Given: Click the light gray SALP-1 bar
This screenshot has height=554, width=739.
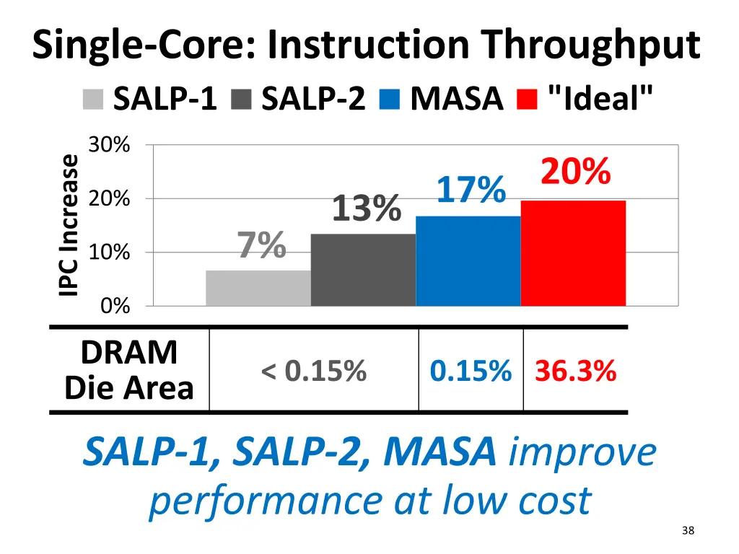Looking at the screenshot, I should [x=258, y=288].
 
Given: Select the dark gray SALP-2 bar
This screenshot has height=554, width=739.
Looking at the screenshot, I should [x=363, y=270].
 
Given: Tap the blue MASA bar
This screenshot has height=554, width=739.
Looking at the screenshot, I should [x=468, y=260].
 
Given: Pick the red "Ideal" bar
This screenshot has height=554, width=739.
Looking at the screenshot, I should [x=573, y=253].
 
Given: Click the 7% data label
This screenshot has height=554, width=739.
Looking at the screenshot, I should [x=262, y=245].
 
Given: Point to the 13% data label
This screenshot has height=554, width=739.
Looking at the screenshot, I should [x=366, y=209].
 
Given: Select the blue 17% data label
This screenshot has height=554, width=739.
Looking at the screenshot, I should [x=471, y=190].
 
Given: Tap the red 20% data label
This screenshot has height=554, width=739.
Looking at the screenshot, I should [x=576, y=172].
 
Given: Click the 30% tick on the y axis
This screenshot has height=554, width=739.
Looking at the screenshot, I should [x=109, y=145].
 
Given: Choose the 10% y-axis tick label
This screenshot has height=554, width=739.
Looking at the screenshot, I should [x=109, y=252].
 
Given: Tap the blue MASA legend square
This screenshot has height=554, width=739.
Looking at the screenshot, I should [x=389, y=99].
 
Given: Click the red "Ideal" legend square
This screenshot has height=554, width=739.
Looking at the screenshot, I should [x=528, y=99].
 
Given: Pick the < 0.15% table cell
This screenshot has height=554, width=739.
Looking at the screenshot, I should [x=314, y=371].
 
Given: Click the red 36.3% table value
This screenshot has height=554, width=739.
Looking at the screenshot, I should [x=575, y=371].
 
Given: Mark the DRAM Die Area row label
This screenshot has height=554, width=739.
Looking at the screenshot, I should [x=129, y=370].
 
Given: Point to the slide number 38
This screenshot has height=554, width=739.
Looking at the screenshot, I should [x=687, y=531].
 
